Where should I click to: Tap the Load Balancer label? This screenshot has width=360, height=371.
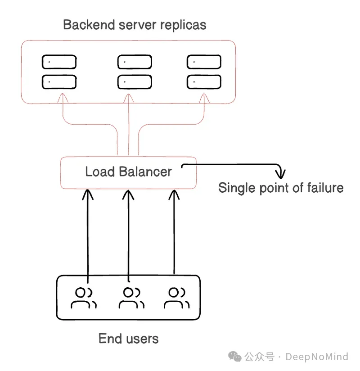tap(128, 172)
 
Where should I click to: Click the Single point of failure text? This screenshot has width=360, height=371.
tap(281, 187)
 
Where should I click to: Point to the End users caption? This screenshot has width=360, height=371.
tap(128, 338)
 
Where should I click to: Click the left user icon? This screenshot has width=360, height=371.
tap(84, 298)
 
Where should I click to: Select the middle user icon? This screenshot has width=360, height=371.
tap(131, 298)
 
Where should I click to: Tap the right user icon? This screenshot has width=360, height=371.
tap(175, 298)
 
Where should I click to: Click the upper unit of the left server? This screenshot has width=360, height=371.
tap(59, 62)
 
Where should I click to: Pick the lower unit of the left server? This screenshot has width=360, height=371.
tap(59, 81)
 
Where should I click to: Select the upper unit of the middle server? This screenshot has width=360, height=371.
tap(135, 62)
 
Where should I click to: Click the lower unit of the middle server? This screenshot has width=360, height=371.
tap(135, 81)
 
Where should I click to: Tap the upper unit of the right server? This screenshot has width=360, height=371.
tap(204, 62)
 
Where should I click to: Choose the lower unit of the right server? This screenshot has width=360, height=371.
tap(204, 81)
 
